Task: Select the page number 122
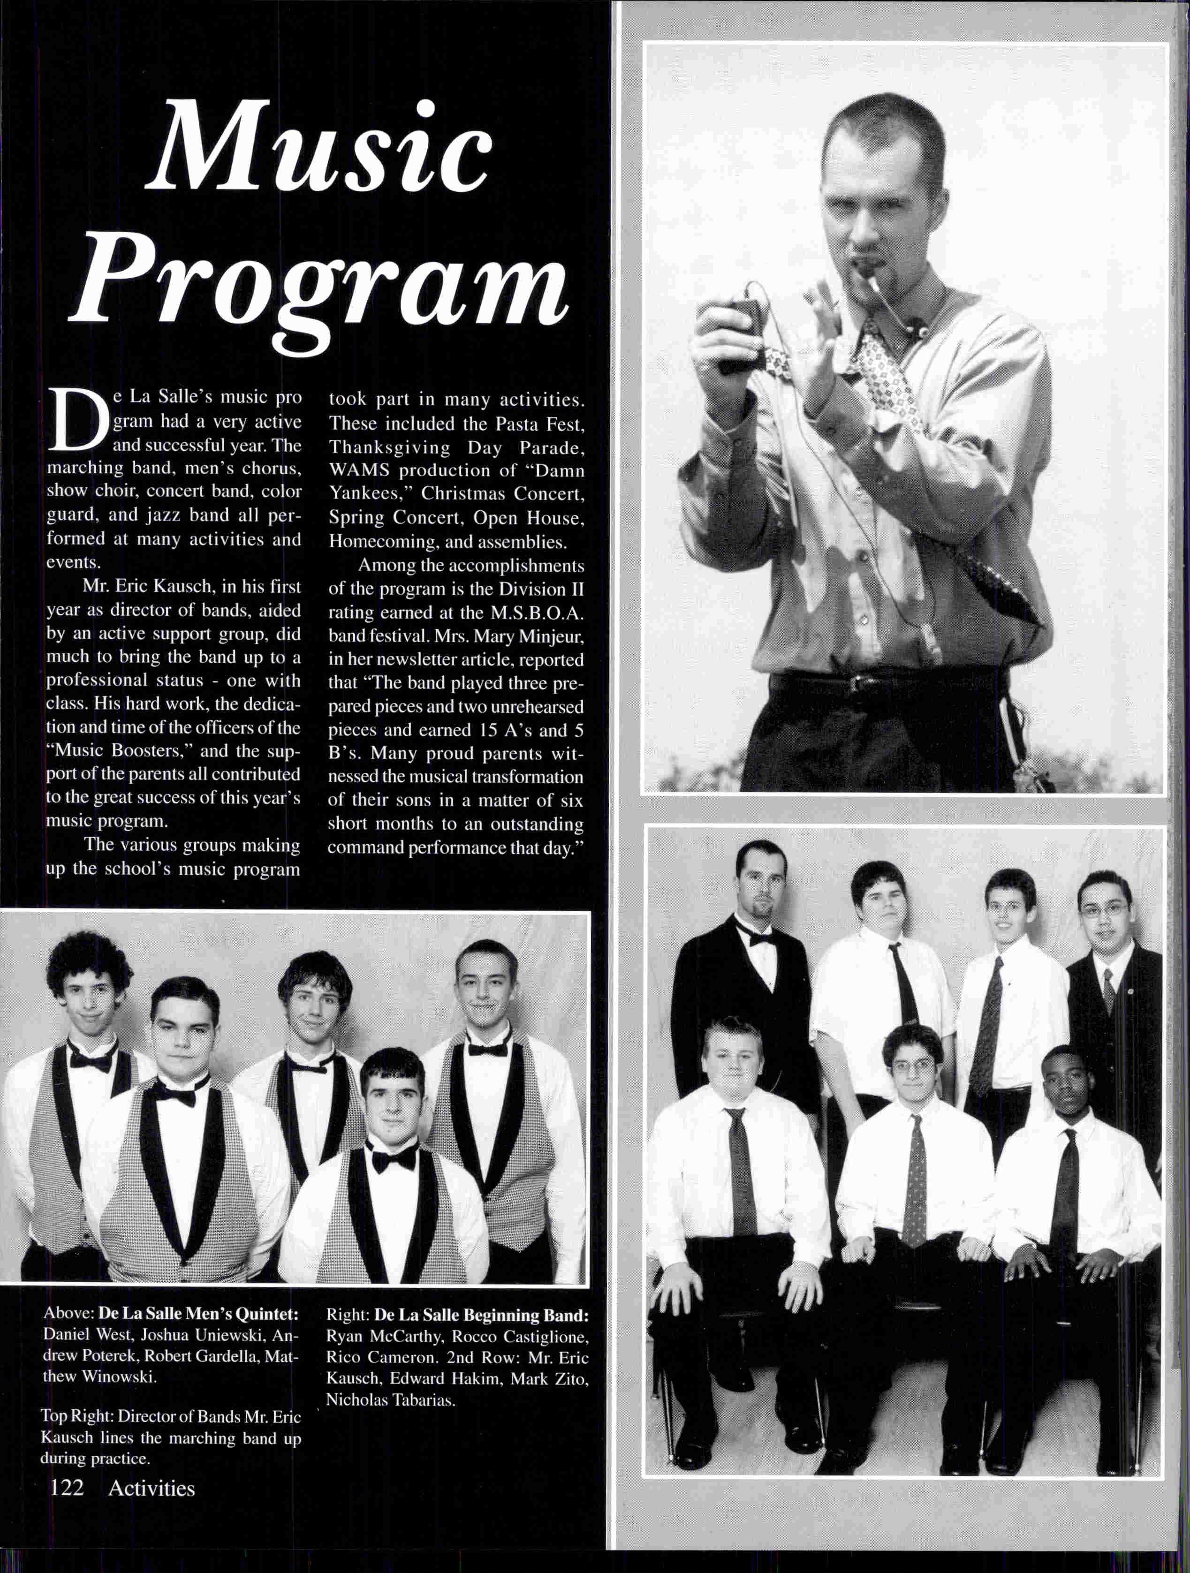(67, 1505)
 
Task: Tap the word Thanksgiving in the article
(389, 447)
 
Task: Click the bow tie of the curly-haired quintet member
(91, 1062)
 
